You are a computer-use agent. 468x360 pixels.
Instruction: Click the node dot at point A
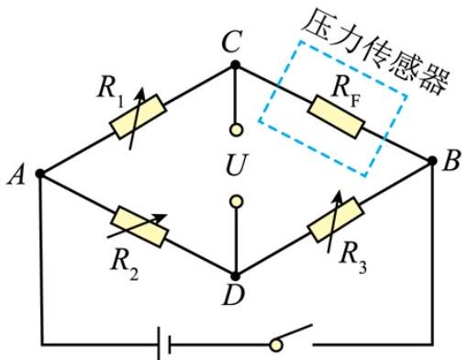click(x=40, y=174)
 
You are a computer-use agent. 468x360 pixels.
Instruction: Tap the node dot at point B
click(x=432, y=161)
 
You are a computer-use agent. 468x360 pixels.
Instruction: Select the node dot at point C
click(x=235, y=65)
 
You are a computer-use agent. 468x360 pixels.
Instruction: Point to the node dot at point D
click(x=235, y=276)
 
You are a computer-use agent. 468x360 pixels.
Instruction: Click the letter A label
click(x=16, y=175)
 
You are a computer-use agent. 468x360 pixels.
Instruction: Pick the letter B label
click(x=451, y=161)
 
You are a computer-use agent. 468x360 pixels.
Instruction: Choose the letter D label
click(x=233, y=295)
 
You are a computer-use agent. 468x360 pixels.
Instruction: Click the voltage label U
click(x=236, y=164)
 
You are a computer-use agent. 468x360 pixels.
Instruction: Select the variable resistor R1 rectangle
click(x=139, y=117)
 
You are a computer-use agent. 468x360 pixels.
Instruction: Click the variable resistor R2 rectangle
click(x=139, y=227)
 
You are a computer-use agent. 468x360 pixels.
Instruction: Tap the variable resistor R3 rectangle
click(x=336, y=219)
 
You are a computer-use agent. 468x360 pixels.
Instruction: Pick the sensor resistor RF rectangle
click(x=336, y=117)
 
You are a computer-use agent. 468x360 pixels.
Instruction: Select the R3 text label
click(x=353, y=257)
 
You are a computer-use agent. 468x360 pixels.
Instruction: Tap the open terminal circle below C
click(x=236, y=129)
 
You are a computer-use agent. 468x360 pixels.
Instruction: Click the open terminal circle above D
click(x=236, y=202)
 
